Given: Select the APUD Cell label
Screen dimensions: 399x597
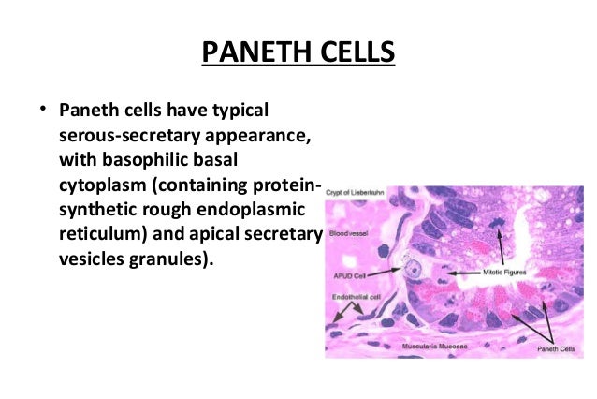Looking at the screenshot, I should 349,276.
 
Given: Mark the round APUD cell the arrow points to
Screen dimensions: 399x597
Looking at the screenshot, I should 413,272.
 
